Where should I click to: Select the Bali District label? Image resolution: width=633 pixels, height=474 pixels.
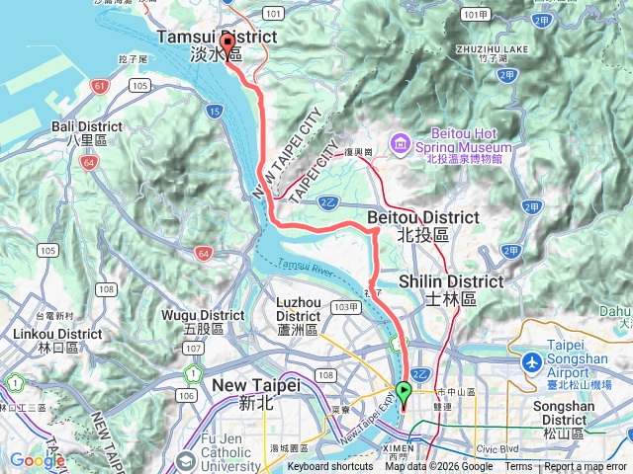88,133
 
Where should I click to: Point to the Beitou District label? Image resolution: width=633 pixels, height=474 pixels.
422,224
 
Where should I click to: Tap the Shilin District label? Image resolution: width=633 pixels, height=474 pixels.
451,288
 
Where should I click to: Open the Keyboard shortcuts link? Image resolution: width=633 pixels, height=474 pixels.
330,467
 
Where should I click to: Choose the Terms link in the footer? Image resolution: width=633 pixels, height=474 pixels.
518,467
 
